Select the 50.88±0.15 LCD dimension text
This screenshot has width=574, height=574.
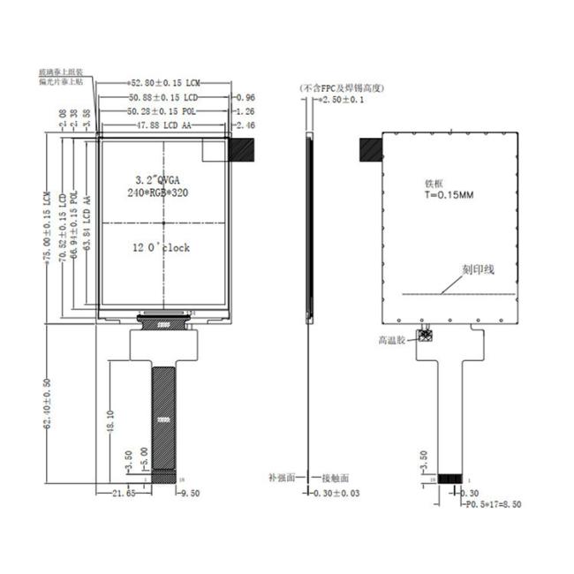coord(166,97)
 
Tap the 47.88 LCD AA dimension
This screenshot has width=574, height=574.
coord(163,126)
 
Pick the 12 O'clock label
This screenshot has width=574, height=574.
coord(161,248)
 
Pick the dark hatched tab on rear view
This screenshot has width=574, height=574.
coord(370,150)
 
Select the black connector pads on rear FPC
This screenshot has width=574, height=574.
coord(450,479)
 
